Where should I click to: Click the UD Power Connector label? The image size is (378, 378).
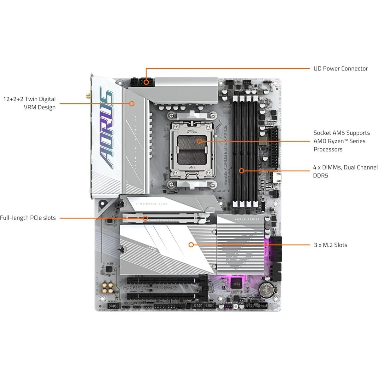[x=341, y=68]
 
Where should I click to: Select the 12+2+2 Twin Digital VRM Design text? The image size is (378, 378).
[x=29, y=103]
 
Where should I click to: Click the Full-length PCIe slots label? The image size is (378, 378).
[x=28, y=218]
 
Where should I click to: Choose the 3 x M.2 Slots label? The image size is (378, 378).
[x=330, y=245]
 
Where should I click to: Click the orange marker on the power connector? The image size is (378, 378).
[x=146, y=82]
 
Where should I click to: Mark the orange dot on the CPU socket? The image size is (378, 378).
[x=199, y=141]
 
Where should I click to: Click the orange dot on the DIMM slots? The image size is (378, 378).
[x=241, y=171]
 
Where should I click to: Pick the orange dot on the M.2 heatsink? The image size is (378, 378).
[x=191, y=244]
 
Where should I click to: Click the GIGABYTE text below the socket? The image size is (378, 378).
[x=222, y=191]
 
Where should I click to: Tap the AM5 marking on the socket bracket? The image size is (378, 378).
[x=192, y=168]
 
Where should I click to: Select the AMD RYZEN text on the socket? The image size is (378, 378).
[x=192, y=131]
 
